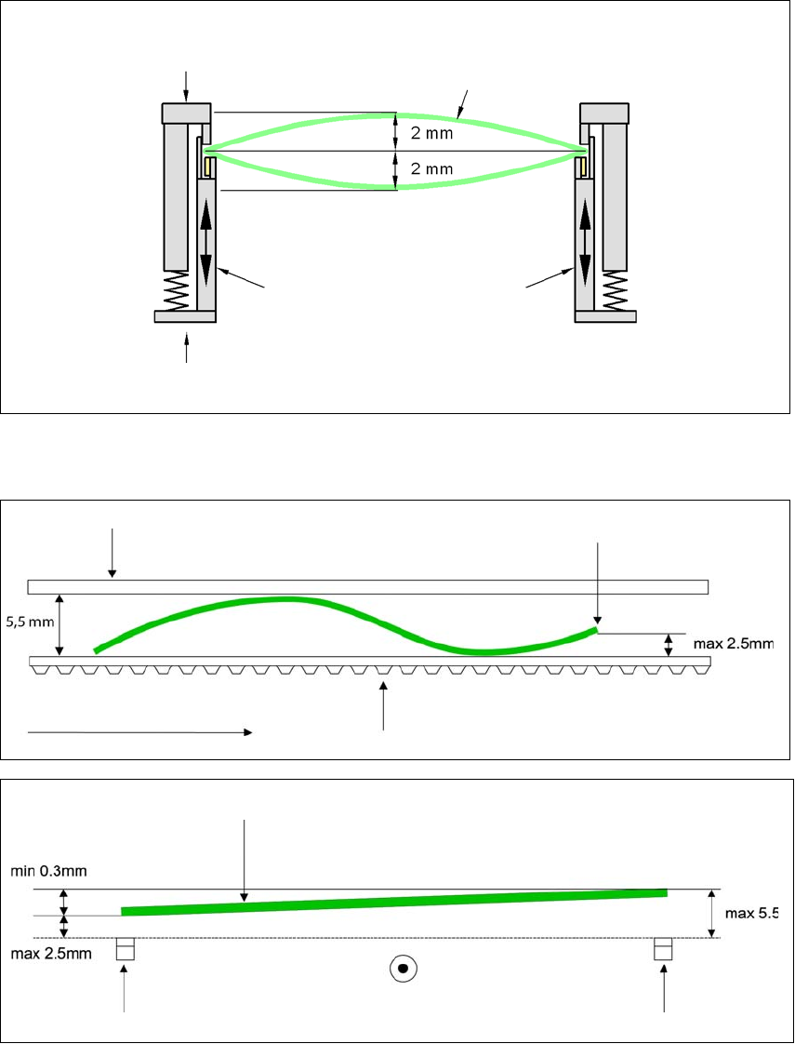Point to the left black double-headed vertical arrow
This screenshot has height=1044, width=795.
(205, 244)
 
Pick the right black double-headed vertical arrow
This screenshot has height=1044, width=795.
(585, 244)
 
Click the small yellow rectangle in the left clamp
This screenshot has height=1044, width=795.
(210, 167)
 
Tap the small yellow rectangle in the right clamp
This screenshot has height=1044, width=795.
(581, 167)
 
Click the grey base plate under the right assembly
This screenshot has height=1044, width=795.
(605, 316)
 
